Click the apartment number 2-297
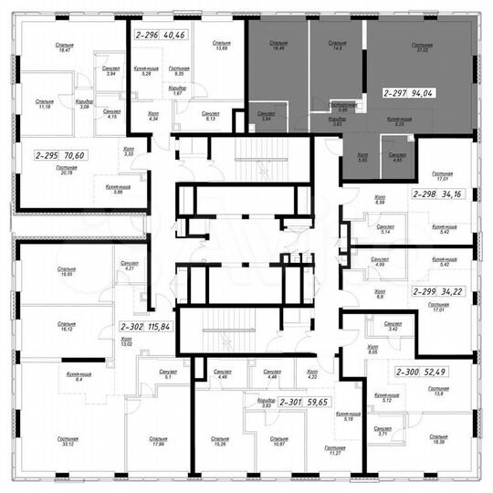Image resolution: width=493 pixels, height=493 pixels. tap(395, 92)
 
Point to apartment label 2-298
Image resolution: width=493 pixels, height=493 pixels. tap(425, 194)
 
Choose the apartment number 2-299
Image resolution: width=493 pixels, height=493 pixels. tap(425, 291)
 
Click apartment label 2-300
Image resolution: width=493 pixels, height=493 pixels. tap(409, 372)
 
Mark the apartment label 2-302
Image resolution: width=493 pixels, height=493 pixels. tap(133, 326)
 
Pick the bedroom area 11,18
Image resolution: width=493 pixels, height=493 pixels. tap(44, 106)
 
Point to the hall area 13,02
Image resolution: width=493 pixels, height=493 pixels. tap(127, 344)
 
